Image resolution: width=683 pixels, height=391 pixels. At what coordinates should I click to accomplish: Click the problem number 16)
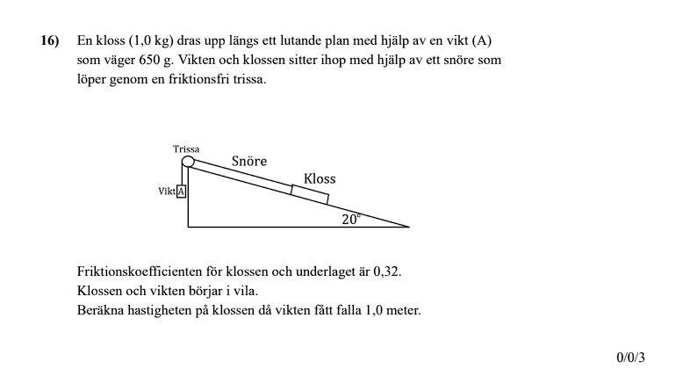tap(49, 40)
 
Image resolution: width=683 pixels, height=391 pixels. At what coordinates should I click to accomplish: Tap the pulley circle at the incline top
tap(188, 162)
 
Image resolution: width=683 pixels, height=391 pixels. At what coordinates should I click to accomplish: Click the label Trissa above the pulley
tap(187, 149)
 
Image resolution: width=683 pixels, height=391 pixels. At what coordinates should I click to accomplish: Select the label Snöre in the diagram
tap(249, 162)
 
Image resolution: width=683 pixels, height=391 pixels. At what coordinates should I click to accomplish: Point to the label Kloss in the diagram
tap(320, 178)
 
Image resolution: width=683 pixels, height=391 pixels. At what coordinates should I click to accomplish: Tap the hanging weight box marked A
tap(182, 192)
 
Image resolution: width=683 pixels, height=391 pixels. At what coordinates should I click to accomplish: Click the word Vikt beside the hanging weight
tap(167, 192)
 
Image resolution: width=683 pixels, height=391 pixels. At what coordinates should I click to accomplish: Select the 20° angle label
tap(351, 220)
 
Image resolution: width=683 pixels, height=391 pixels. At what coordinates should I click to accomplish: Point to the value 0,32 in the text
tap(386, 272)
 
